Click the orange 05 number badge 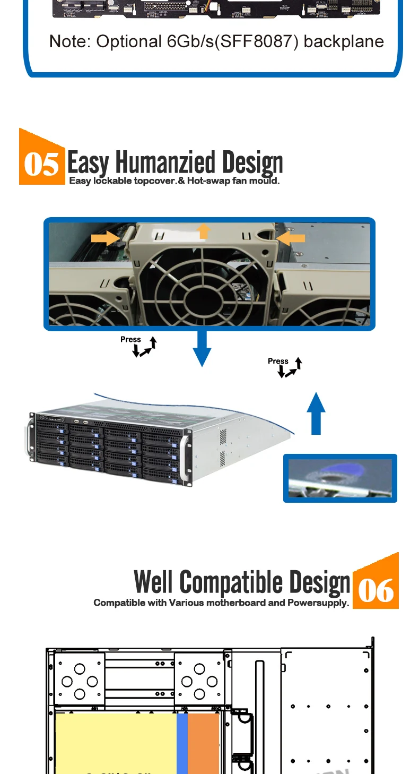coord(42,163)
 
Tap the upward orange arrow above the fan coord(203,231)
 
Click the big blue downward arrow coord(201,348)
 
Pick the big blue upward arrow coord(316,414)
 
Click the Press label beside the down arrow coord(130,339)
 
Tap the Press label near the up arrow coord(278,361)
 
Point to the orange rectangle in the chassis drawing coord(204,743)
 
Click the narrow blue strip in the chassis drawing coord(182,743)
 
